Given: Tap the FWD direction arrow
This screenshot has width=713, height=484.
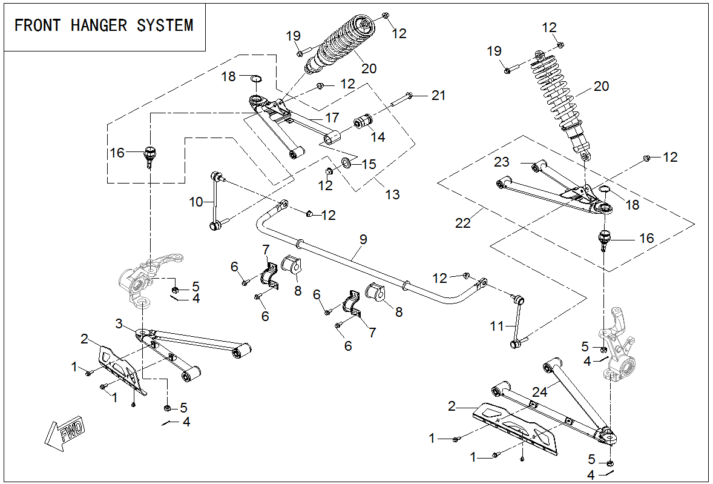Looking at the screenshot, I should [x=66, y=433].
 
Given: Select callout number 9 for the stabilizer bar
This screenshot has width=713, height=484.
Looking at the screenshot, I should [x=363, y=239].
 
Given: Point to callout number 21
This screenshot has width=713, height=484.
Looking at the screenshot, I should [x=438, y=95].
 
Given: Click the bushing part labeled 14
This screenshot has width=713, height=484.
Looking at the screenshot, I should [x=365, y=121].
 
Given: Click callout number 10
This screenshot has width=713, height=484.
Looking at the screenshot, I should [x=196, y=202].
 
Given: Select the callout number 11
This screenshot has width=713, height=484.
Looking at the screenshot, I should [x=496, y=327].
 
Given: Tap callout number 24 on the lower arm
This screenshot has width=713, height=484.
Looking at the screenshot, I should [x=540, y=392].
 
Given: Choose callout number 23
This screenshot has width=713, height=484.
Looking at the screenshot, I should [x=502, y=162].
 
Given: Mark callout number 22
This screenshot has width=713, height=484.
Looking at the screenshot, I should [x=462, y=223].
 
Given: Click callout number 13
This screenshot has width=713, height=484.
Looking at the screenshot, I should [x=393, y=194].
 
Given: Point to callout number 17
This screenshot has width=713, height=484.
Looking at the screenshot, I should [x=332, y=116].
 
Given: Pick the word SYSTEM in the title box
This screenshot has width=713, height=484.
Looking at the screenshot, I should [x=165, y=25].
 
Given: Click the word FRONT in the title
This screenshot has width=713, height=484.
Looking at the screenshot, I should [x=38, y=25].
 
